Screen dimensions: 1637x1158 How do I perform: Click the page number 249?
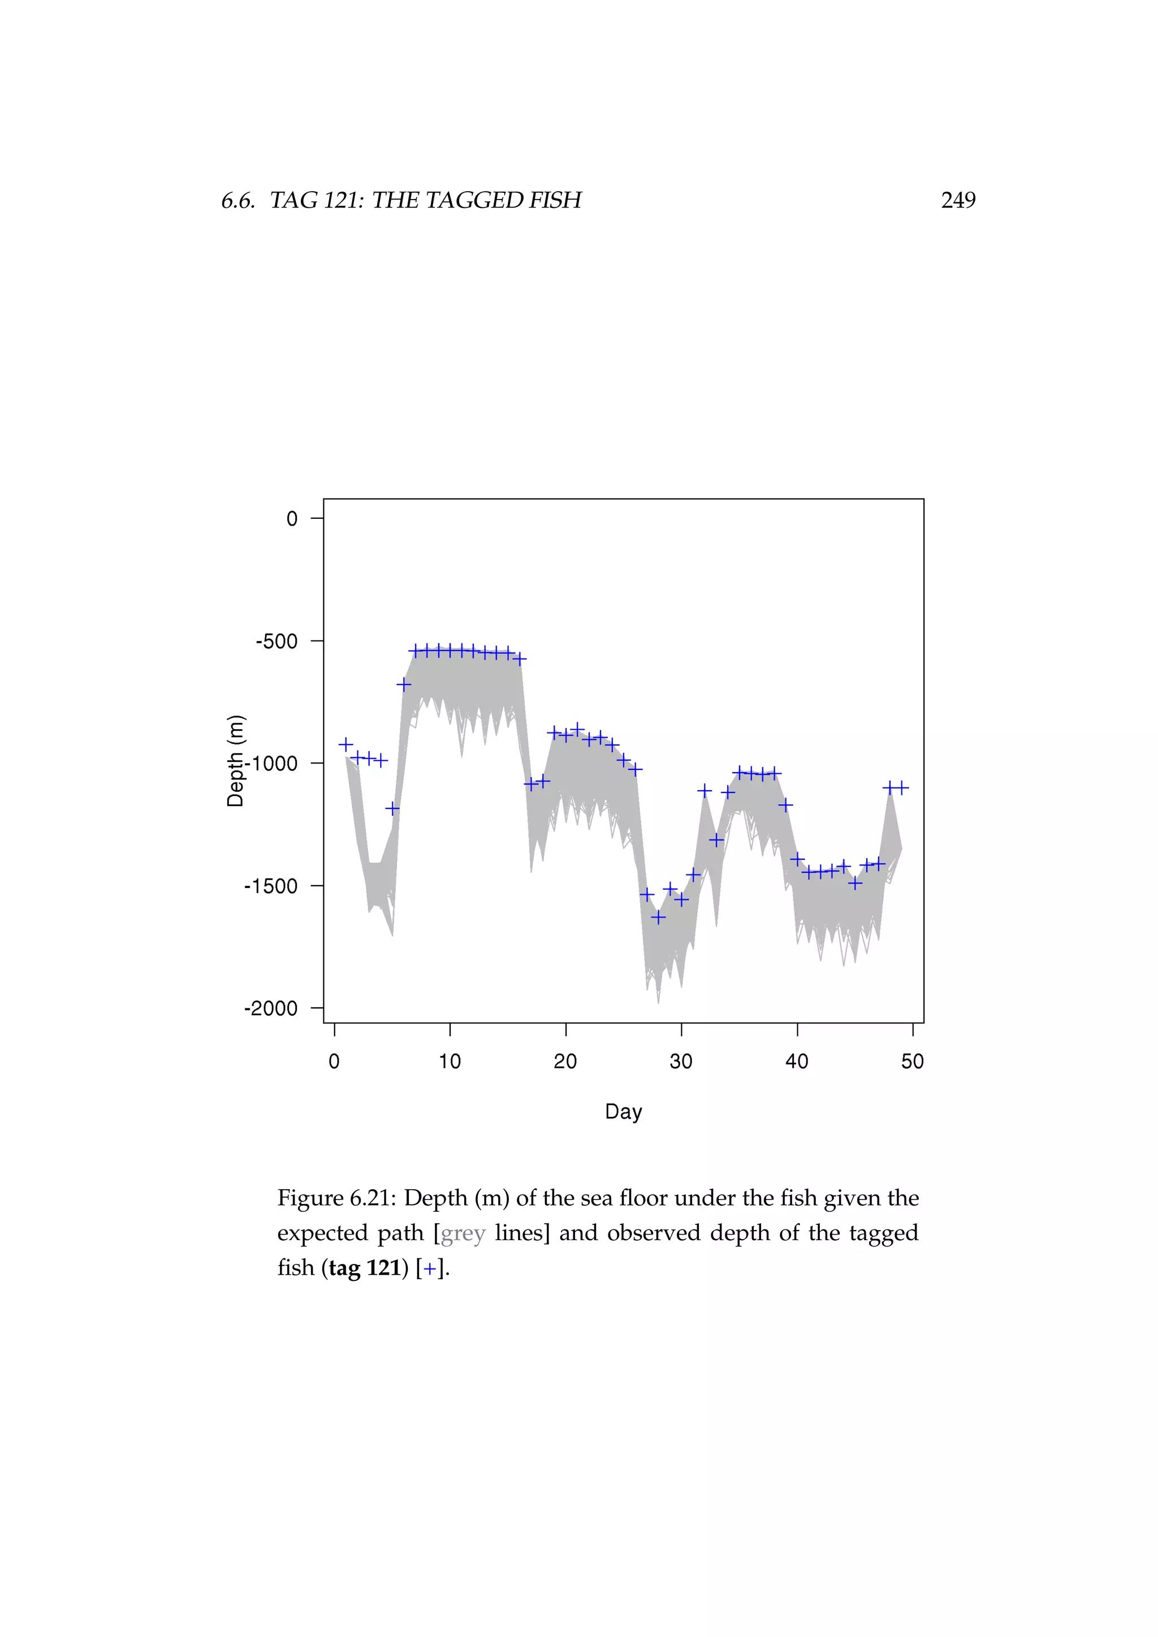958,200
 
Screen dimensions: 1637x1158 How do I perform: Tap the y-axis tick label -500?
276,642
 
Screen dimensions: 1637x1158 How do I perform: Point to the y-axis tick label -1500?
271,886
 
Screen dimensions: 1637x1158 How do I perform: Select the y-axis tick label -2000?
271,1009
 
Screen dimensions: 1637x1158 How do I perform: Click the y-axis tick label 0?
292,519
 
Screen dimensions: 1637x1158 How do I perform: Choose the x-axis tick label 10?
450,1062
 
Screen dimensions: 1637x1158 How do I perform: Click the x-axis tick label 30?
681,1062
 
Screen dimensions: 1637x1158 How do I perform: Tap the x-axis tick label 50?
912,1062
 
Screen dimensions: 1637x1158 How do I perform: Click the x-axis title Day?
623,1111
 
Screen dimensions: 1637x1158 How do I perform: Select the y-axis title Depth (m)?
235,761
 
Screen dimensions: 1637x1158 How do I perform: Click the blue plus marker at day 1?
346,744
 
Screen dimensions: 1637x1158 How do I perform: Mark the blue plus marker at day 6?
404,685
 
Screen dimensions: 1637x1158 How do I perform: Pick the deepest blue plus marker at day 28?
658,917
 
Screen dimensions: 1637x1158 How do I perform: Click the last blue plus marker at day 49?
901,788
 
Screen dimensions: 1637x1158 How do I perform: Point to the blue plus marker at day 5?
392,808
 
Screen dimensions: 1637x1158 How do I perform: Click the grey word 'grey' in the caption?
463,1233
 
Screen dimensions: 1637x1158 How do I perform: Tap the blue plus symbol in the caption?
429,1268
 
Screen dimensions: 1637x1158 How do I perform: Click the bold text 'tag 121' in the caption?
364,1268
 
